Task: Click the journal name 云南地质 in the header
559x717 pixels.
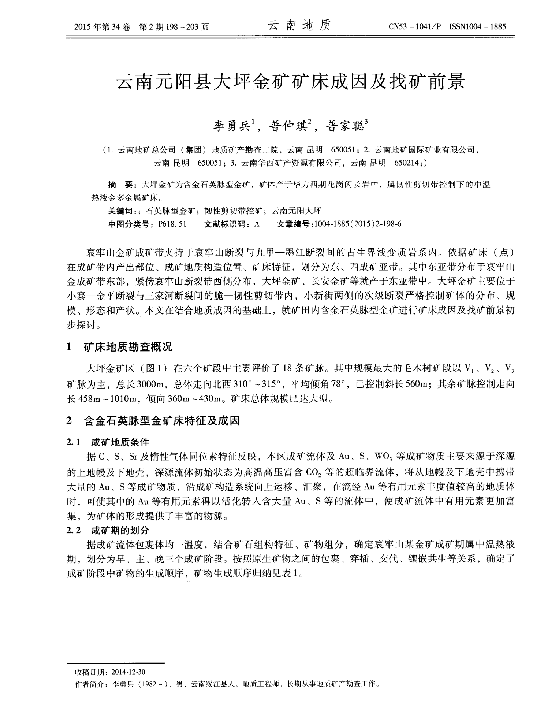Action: (x=299, y=26)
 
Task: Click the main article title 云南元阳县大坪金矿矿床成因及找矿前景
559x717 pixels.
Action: (x=290, y=82)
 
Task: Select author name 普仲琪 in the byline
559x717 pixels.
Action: (x=288, y=127)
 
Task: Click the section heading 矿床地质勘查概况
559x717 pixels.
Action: (x=128, y=347)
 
